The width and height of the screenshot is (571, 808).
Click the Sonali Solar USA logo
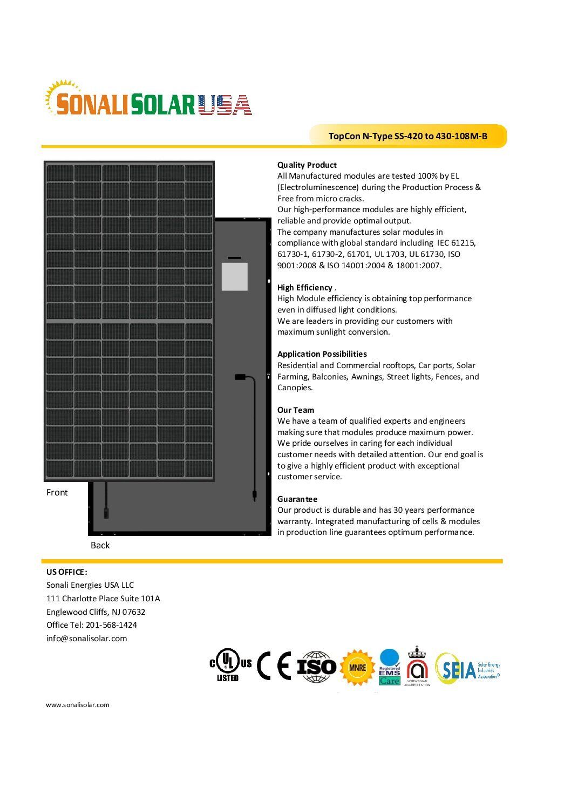(x=148, y=100)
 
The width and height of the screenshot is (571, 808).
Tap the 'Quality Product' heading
(x=307, y=165)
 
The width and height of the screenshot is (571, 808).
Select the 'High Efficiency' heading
(x=304, y=288)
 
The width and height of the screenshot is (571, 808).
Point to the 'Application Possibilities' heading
(x=322, y=354)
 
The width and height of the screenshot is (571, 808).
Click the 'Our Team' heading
(x=295, y=410)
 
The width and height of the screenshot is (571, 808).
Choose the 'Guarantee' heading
(x=297, y=499)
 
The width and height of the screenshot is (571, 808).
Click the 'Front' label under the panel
(x=57, y=492)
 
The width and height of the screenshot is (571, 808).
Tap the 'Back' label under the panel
(x=100, y=545)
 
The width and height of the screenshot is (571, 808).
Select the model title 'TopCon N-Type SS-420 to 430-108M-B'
(x=407, y=136)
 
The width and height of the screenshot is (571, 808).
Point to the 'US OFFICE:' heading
(x=66, y=572)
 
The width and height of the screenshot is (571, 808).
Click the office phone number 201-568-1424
(x=112, y=625)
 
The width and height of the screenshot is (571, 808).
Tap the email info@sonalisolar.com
(x=86, y=639)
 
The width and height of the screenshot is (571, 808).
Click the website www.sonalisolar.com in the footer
(x=77, y=705)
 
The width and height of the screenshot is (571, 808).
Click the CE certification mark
(x=274, y=666)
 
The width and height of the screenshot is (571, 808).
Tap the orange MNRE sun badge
(x=357, y=668)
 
